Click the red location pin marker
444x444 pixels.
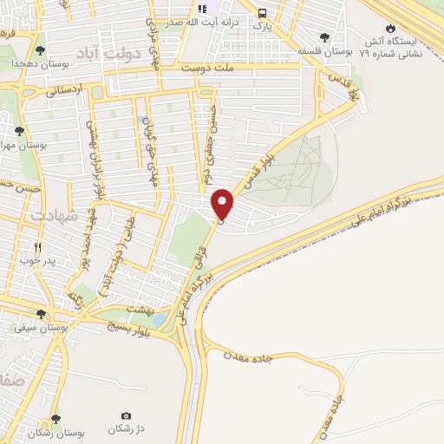(x=223, y=204)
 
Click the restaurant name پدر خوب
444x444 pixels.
(x=37, y=260)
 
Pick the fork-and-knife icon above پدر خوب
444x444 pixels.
(x=37, y=246)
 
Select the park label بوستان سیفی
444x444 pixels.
(x=40, y=327)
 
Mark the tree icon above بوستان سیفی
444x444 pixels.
(x=40, y=314)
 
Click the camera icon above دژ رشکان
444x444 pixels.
(x=127, y=416)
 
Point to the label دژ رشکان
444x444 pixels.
(x=127, y=429)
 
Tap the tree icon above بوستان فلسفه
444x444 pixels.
(x=324, y=38)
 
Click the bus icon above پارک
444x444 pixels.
(x=262, y=12)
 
